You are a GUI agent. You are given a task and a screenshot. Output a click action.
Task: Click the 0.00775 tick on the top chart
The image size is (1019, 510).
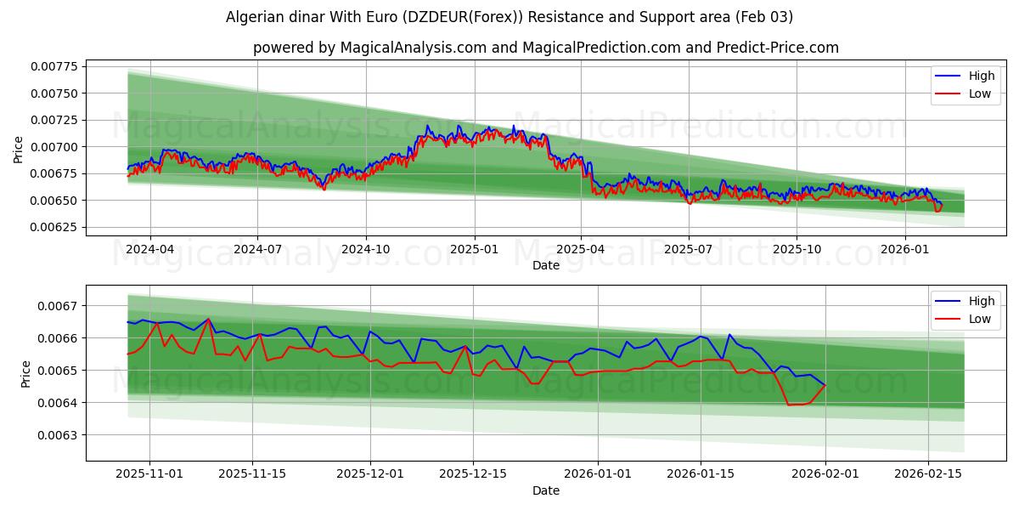[x=53, y=66]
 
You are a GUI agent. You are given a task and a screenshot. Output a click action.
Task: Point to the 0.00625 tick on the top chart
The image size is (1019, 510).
[x=53, y=228]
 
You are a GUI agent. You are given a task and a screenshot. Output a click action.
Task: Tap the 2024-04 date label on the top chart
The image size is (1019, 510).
[x=150, y=250]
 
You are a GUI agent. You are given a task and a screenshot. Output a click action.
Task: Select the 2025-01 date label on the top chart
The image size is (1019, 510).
[x=474, y=250]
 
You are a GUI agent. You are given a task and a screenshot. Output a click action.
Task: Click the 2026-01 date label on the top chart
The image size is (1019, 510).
[x=904, y=250]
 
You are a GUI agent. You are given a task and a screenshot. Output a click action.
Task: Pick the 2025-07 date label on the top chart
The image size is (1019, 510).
[x=689, y=250]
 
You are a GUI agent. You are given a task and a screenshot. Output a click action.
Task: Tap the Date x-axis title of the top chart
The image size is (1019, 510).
[x=545, y=265]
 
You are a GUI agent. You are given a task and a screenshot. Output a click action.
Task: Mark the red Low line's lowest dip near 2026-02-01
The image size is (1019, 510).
[x=790, y=405]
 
